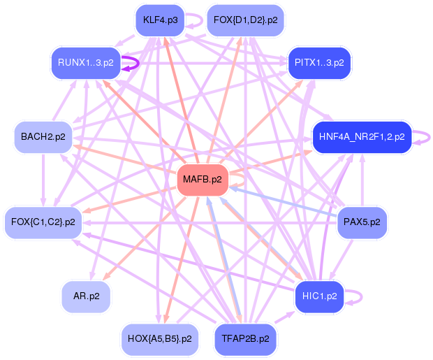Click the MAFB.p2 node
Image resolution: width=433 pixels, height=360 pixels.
click(x=203, y=180)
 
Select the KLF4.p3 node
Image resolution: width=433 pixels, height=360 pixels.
click(x=160, y=20)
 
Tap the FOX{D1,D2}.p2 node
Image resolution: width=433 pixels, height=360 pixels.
click(x=246, y=20)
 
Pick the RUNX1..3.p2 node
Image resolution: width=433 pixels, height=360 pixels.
click(x=86, y=63)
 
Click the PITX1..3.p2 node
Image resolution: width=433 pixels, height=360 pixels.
click(x=319, y=63)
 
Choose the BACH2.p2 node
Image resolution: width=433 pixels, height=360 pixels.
click(x=43, y=137)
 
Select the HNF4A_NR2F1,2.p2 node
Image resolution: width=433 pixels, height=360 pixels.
click(x=362, y=137)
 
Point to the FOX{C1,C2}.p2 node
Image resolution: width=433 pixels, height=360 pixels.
click(x=43, y=222)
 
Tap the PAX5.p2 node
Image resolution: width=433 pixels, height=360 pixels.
click(x=362, y=222)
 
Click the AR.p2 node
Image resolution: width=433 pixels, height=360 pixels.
click(x=86, y=296)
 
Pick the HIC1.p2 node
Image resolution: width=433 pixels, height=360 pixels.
click(x=319, y=296)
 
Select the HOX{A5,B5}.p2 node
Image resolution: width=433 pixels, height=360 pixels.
click(x=160, y=339)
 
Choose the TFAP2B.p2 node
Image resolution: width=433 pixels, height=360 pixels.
click(x=246, y=339)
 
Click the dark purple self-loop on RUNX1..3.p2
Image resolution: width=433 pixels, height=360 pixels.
click(x=138, y=64)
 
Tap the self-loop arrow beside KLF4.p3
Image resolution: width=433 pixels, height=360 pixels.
click(x=202, y=20)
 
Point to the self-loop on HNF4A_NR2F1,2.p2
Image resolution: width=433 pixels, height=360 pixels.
click(x=429, y=138)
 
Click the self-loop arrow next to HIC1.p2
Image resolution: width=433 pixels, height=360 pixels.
click(x=362, y=297)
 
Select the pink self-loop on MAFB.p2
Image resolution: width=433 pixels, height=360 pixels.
click(x=243, y=180)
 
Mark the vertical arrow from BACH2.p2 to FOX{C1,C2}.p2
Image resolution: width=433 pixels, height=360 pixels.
click(x=43, y=180)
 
